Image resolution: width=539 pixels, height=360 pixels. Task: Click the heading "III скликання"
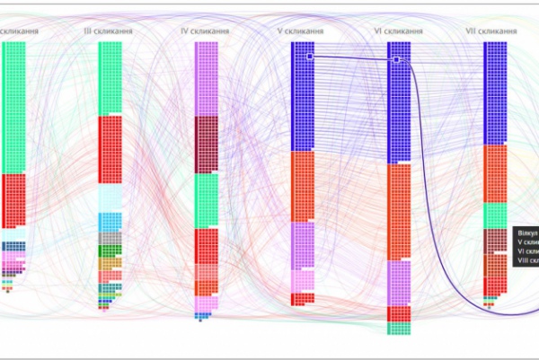point(109,31)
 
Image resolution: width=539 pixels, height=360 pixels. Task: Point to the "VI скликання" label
point(398,31)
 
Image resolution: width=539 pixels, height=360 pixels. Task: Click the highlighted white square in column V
point(310,57)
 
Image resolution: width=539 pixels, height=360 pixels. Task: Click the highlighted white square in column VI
point(396,59)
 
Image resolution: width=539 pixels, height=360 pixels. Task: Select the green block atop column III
point(110,78)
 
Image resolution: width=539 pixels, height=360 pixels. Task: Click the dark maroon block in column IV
point(207,144)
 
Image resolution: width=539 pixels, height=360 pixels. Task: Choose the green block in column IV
point(207,199)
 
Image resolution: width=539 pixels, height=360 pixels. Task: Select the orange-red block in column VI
point(399,212)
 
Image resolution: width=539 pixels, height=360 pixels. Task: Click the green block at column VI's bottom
point(399,328)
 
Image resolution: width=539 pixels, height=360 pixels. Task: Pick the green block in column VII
point(496,215)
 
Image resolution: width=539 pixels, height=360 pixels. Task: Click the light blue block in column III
point(110,221)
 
